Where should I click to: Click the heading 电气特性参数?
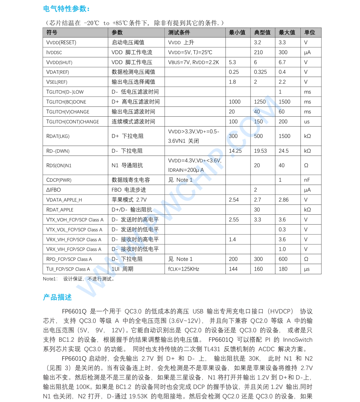(x=66, y=9)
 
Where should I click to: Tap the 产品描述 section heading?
(x=57, y=297)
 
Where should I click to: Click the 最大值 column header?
(x=287, y=32)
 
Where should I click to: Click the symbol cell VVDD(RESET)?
(x=61, y=42)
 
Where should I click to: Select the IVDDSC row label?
(x=54, y=52)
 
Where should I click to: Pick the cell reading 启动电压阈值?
(x=128, y=42)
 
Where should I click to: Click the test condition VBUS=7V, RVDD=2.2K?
(x=193, y=62)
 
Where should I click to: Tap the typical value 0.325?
(x=260, y=72)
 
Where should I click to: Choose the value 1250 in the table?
(x=260, y=102)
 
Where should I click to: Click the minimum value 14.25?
(x=235, y=151)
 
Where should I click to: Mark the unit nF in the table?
(x=307, y=180)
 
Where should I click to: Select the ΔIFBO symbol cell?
(x=54, y=190)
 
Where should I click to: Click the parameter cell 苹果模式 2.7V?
(x=129, y=200)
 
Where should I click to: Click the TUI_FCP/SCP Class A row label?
(x=68, y=269)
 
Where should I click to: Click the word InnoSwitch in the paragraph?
(x=298, y=340)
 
